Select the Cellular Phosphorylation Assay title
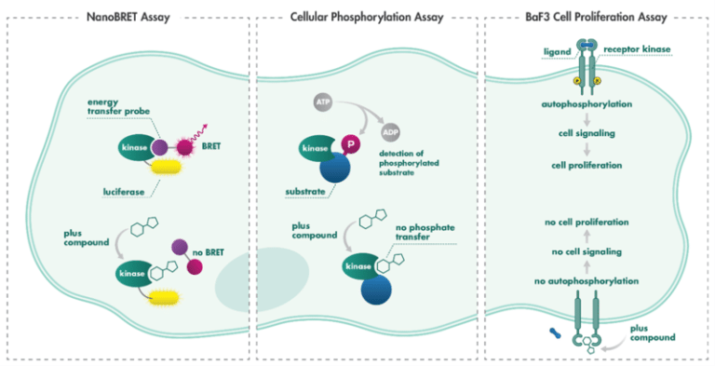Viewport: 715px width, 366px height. [367, 16]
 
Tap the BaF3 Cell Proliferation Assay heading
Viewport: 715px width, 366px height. [599, 16]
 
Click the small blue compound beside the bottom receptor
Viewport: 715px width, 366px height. [557, 331]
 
